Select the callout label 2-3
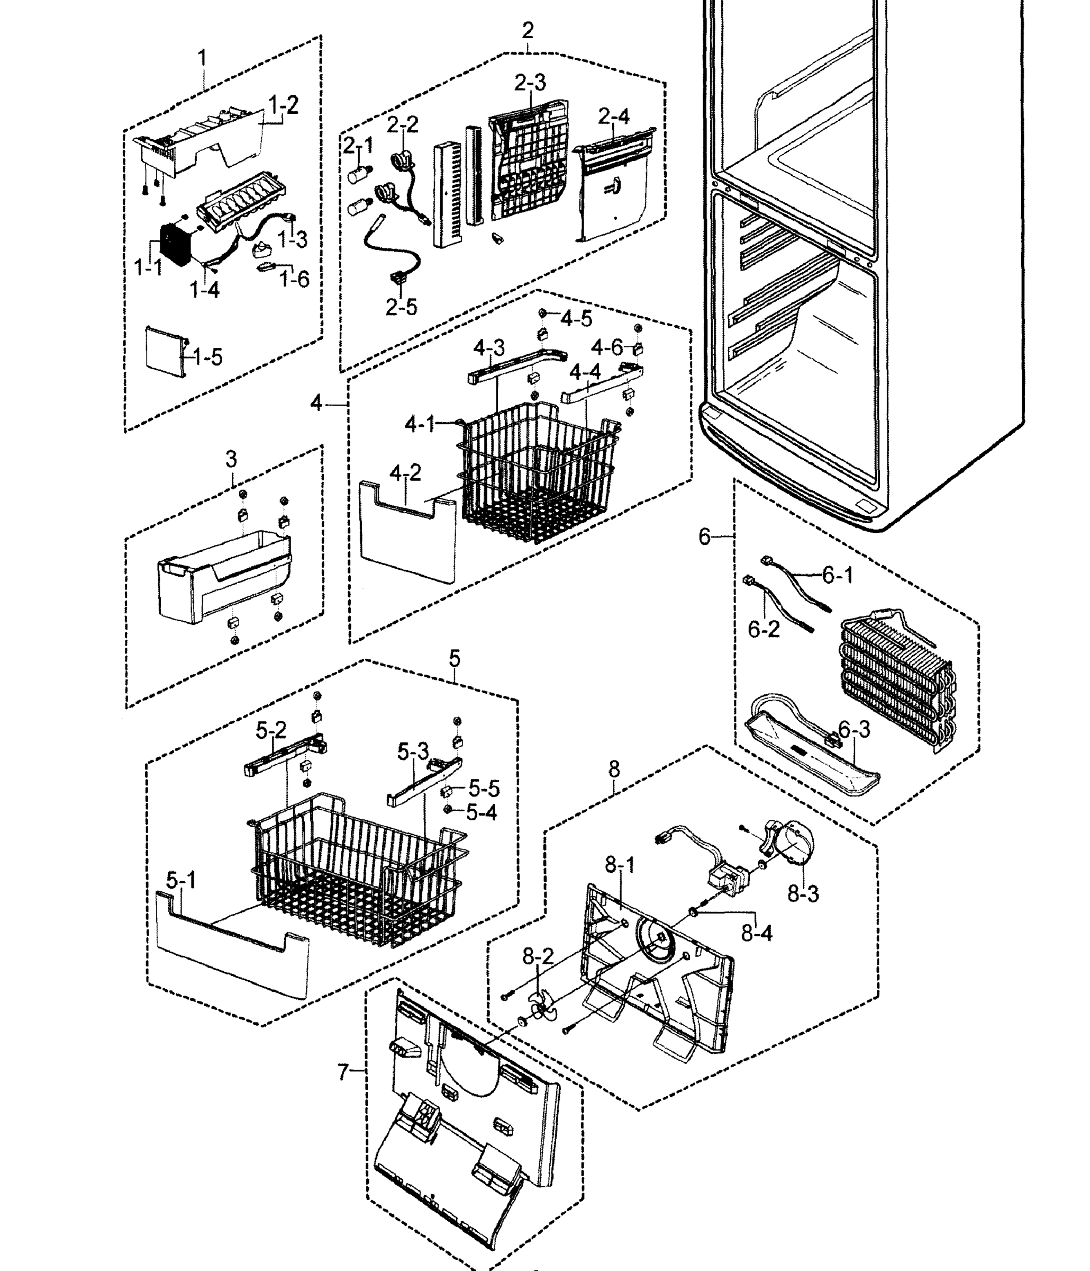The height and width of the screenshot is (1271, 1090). tap(530, 83)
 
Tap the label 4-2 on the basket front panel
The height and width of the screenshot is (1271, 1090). tap(405, 473)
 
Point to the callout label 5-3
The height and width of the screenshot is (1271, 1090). tap(413, 752)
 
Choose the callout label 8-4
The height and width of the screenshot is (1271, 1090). tap(757, 933)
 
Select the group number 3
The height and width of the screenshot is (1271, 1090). tap(231, 458)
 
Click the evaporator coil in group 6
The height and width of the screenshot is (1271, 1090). tap(895, 681)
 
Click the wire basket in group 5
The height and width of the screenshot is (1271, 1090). tap(356, 871)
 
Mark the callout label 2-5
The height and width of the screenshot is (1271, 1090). tap(401, 307)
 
